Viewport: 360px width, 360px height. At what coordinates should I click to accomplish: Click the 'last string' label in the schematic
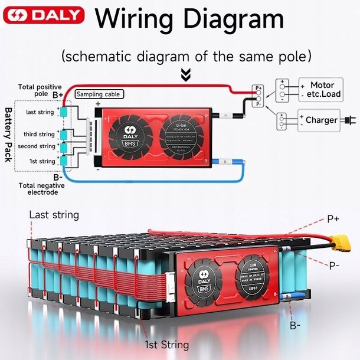coord(40,112)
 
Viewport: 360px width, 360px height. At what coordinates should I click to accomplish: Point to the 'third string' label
coord(39,135)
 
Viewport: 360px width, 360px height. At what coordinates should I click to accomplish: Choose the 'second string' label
coord(36,146)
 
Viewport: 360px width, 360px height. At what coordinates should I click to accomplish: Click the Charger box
coord(321,120)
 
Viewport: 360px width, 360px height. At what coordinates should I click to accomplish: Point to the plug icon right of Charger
coord(348,120)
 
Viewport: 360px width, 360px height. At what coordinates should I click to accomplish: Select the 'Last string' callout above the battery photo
coord(54,215)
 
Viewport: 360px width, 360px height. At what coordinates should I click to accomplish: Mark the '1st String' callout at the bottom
coord(167,345)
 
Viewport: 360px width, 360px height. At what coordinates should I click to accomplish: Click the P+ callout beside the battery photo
coord(333,219)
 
